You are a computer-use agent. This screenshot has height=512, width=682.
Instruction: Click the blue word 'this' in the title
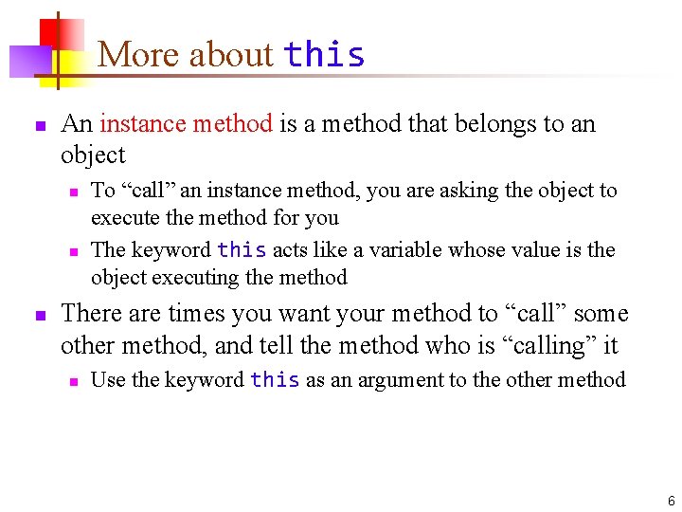324,55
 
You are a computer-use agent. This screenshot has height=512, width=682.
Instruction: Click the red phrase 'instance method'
186,123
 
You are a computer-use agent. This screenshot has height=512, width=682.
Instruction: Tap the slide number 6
671,501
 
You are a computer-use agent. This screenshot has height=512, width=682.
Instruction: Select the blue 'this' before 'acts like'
242,250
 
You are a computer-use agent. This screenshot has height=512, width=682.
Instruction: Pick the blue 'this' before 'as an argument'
275,380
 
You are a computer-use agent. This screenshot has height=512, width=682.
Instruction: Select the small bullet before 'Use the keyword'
72,381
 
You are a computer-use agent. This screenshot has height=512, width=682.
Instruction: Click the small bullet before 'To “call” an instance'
72,192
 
